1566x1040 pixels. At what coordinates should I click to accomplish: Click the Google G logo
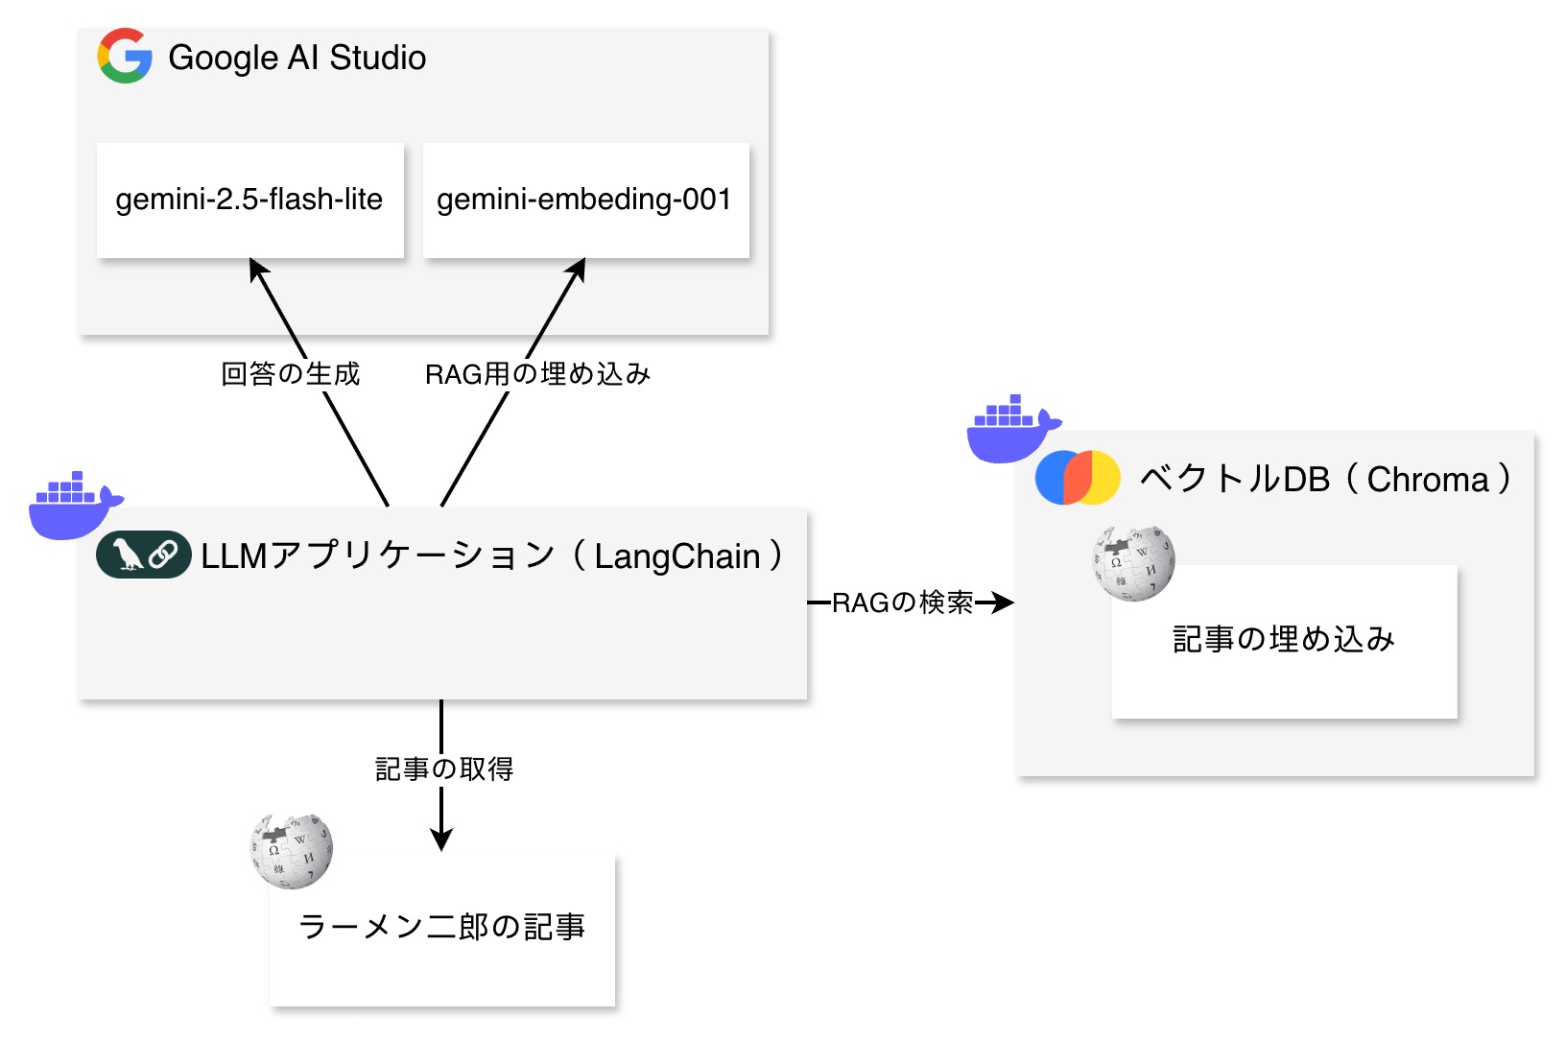(x=125, y=57)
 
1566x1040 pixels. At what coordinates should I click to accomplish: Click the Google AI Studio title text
(x=297, y=58)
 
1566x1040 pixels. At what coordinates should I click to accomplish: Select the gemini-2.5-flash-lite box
(x=249, y=200)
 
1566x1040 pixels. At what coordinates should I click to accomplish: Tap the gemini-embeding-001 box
(x=585, y=200)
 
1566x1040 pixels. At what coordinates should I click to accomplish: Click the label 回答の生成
(x=290, y=373)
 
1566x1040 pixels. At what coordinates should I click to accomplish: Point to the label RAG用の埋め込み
(x=537, y=373)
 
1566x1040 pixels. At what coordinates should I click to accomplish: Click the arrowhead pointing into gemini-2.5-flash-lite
(x=256, y=270)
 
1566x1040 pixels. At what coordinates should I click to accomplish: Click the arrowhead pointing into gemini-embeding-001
(x=578, y=270)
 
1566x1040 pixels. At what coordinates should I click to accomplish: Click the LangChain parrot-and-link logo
(x=144, y=555)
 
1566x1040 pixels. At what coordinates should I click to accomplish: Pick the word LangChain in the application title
(x=677, y=556)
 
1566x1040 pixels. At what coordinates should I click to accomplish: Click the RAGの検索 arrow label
(x=902, y=603)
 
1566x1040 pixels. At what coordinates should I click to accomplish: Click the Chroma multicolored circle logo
(x=1078, y=477)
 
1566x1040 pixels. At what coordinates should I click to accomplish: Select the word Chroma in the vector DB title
(x=1428, y=479)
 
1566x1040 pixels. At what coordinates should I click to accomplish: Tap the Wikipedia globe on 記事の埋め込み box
(x=1133, y=563)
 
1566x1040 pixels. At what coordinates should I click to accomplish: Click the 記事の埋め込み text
(x=1284, y=639)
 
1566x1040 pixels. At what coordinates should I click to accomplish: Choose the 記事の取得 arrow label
(x=443, y=768)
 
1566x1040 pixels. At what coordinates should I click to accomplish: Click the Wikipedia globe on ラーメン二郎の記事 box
(x=291, y=850)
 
